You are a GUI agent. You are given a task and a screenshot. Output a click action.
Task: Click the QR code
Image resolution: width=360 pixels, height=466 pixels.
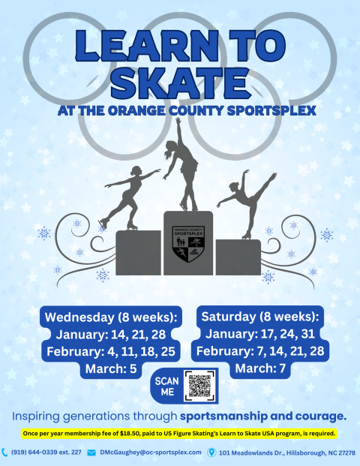(x=199, y=386)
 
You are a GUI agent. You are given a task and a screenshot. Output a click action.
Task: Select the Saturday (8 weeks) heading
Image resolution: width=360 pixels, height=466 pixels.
(x=259, y=315)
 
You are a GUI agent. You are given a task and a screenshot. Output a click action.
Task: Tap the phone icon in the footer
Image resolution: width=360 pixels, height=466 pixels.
(x=6, y=452)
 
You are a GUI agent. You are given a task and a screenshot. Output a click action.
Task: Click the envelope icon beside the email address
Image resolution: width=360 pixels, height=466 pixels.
(x=91, y=452)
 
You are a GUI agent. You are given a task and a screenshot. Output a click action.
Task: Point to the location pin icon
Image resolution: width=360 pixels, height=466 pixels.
(x=212, y=452)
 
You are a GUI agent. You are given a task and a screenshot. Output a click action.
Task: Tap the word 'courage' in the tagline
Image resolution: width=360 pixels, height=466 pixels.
(x=317, y=415)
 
